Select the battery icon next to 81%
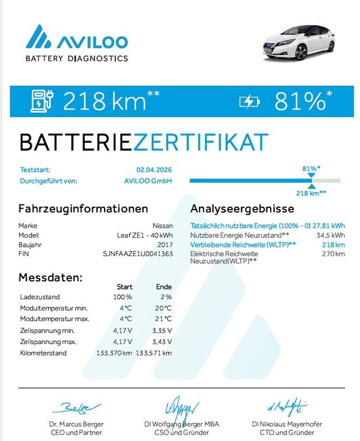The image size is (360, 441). (x=249, y=102)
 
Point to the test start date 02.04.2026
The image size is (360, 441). (x=154, y=170)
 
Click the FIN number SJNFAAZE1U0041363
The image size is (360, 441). (x=138, y=253)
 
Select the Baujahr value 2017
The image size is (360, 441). (x=165, y=244)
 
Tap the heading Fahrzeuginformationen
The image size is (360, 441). (x=83, y=209)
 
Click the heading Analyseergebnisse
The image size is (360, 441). (x=242, y=209)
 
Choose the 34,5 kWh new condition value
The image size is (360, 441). (x=331, y=235)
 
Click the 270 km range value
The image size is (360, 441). (x=334, y=253)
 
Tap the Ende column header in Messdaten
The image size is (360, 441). (x=164, y=287)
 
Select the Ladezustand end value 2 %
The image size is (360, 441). (x=165, y=297)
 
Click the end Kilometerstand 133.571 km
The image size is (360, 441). (x=154, y=353)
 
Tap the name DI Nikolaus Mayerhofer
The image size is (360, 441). (x=292, y=424)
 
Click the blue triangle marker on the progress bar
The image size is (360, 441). (x=312, y=185)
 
